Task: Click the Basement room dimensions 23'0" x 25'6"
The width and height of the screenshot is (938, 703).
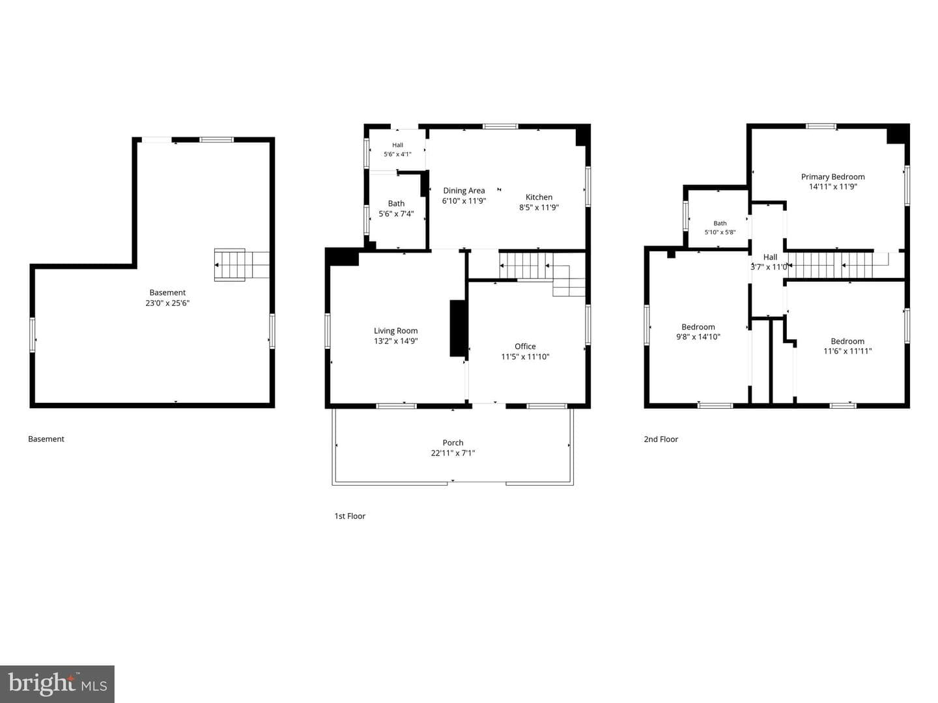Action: point(167,303)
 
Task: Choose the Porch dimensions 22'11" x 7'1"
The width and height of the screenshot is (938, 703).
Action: point(453,453)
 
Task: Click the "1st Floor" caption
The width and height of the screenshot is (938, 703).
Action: point(350,516)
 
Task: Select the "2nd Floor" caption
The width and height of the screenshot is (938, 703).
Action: point(661,439)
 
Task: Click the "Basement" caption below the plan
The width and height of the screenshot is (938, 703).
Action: point(46,439)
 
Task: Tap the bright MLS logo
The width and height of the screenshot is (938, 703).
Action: point(57,683)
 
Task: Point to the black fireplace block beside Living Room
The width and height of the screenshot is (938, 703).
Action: point(458,328)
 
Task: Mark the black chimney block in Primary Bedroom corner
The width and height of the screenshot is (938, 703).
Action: point(898,134)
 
